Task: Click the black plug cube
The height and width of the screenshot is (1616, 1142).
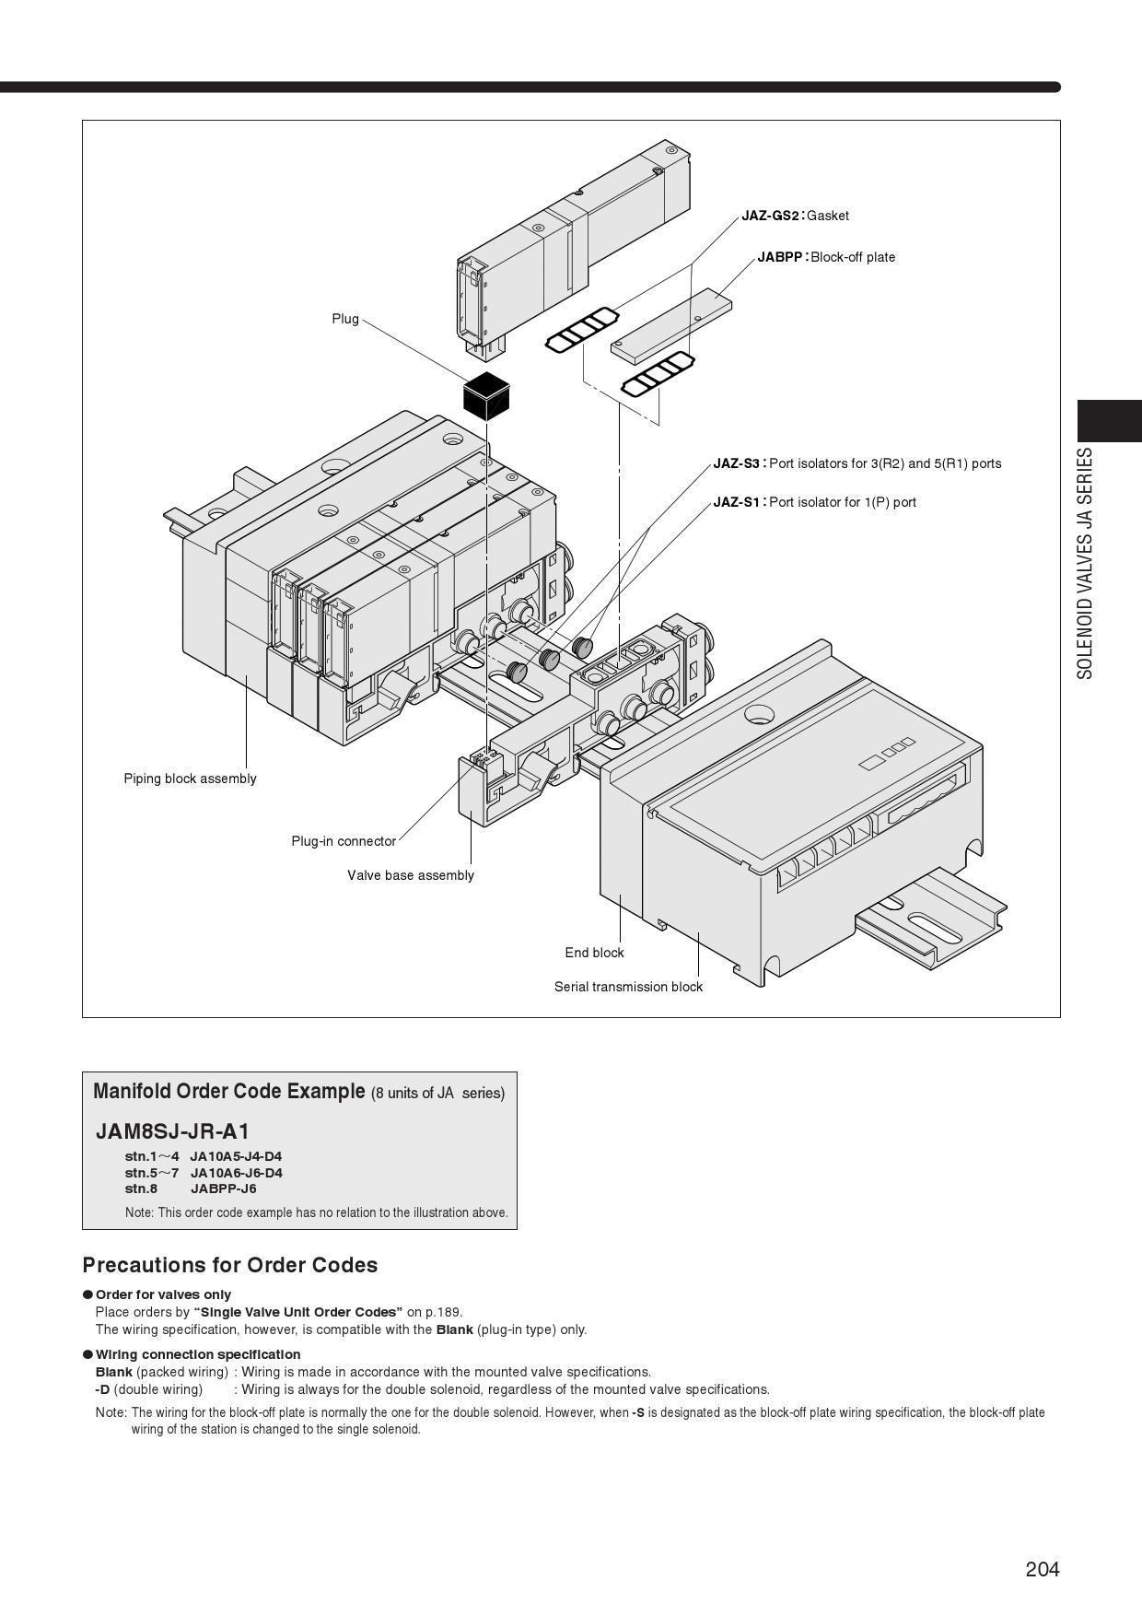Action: pos(486,396)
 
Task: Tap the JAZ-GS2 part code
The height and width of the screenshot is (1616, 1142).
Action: pos(770,216)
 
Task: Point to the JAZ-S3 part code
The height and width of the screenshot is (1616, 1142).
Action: pos(736,463)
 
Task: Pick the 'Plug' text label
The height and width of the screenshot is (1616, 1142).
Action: pos(345,319)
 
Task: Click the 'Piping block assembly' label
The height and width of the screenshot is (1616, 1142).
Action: pos(191,779)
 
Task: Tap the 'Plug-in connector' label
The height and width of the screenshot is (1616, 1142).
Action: pos(344,841)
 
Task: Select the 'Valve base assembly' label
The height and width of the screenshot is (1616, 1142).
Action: pos(411,875)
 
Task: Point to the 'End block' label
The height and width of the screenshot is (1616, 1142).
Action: pos(594,953)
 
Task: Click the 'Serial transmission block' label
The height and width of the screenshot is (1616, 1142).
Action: pos(628,987)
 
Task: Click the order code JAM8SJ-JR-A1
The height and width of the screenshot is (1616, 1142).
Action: pos(173,1131)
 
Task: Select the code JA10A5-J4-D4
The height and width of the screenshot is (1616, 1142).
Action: pos(236,1156)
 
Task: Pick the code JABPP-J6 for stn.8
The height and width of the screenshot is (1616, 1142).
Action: pos(223,1189)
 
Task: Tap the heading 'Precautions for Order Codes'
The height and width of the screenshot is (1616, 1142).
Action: pos(230,1265)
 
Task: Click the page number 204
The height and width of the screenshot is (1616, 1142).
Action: pos(1043,1569)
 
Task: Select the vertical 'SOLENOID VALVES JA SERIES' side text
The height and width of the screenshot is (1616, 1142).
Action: pos(1086,564)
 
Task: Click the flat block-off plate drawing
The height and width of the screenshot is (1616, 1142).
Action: pos(671,322)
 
